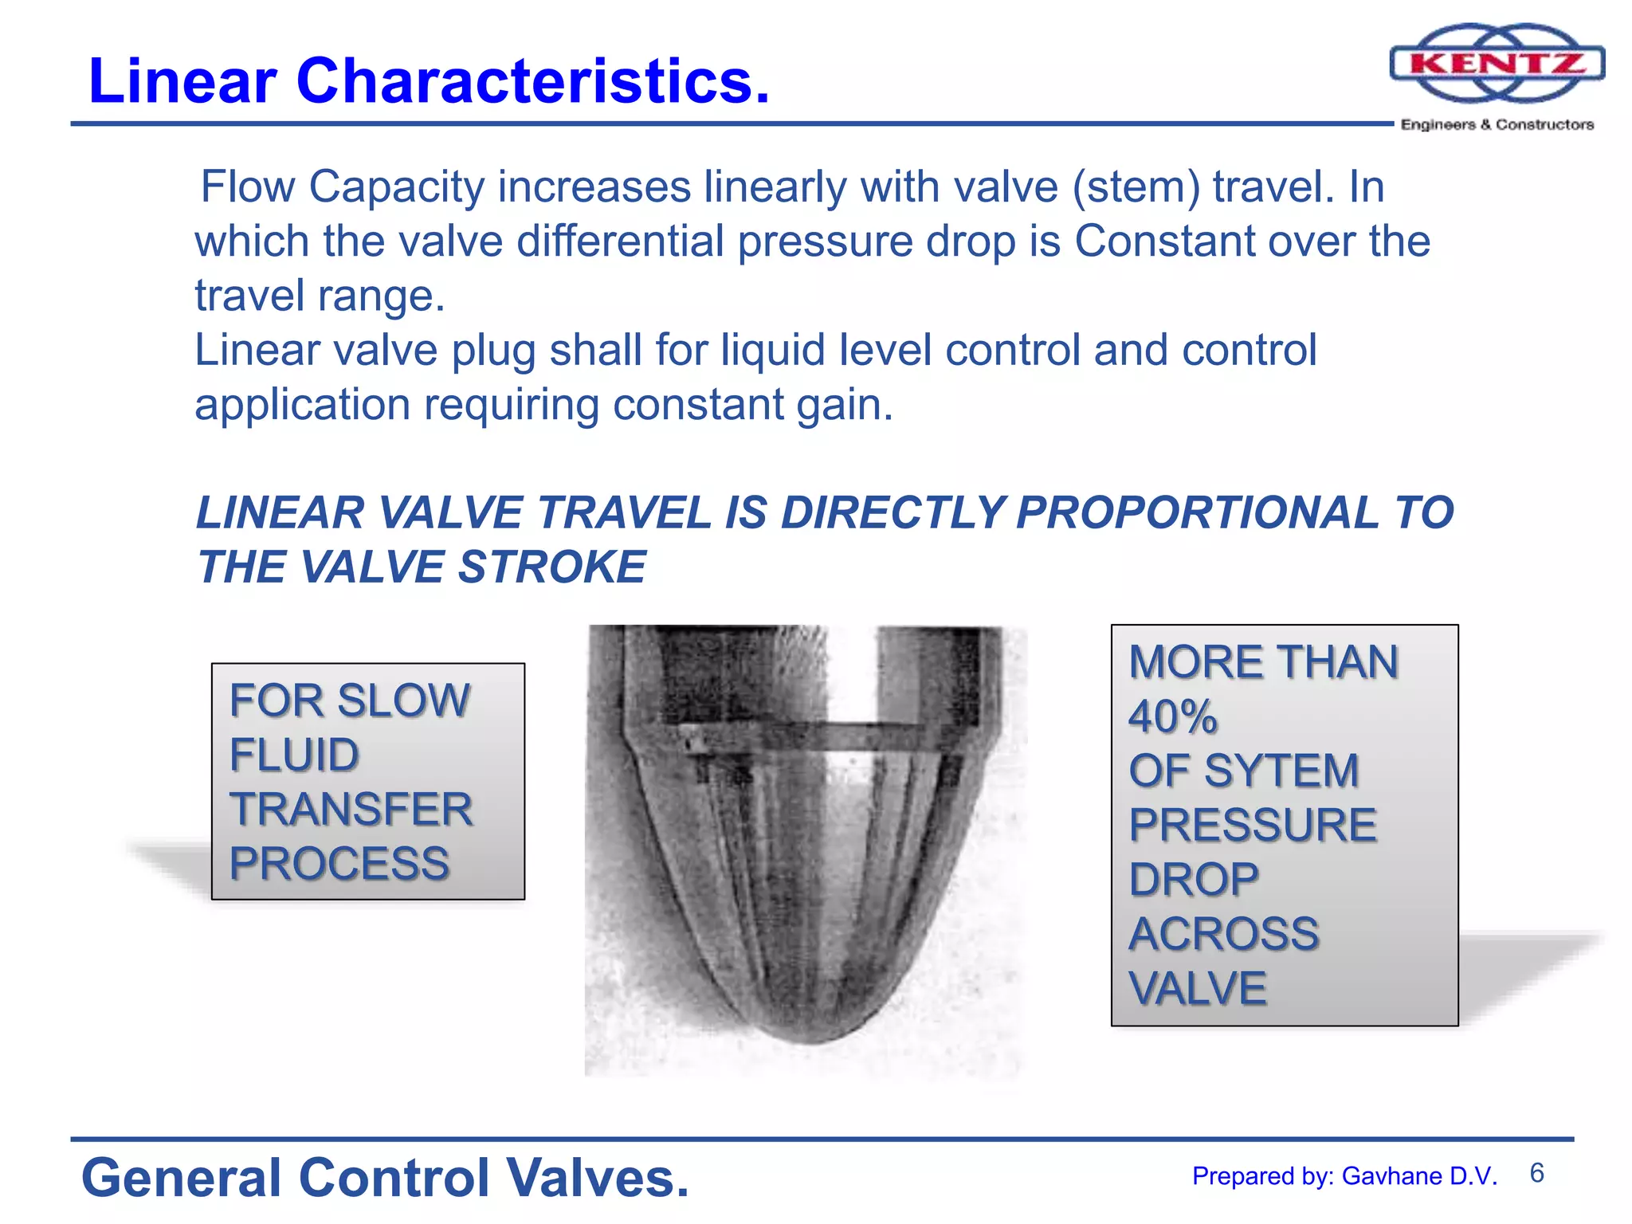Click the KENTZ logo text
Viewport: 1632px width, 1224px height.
1497,63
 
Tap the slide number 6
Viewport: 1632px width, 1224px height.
1537,1173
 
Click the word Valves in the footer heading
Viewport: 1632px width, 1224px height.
597,1178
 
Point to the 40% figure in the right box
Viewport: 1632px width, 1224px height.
1173,716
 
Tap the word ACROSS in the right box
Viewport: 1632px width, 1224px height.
1224,934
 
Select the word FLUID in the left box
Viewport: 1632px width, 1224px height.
294,755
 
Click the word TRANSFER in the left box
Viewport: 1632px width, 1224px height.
351,810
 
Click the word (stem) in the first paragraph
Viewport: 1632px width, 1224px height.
1136,187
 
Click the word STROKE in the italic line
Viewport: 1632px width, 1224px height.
552,567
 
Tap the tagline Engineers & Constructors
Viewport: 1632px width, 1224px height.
1497,125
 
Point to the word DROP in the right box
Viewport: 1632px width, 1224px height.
1194,880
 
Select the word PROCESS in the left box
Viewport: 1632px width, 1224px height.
339,864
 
